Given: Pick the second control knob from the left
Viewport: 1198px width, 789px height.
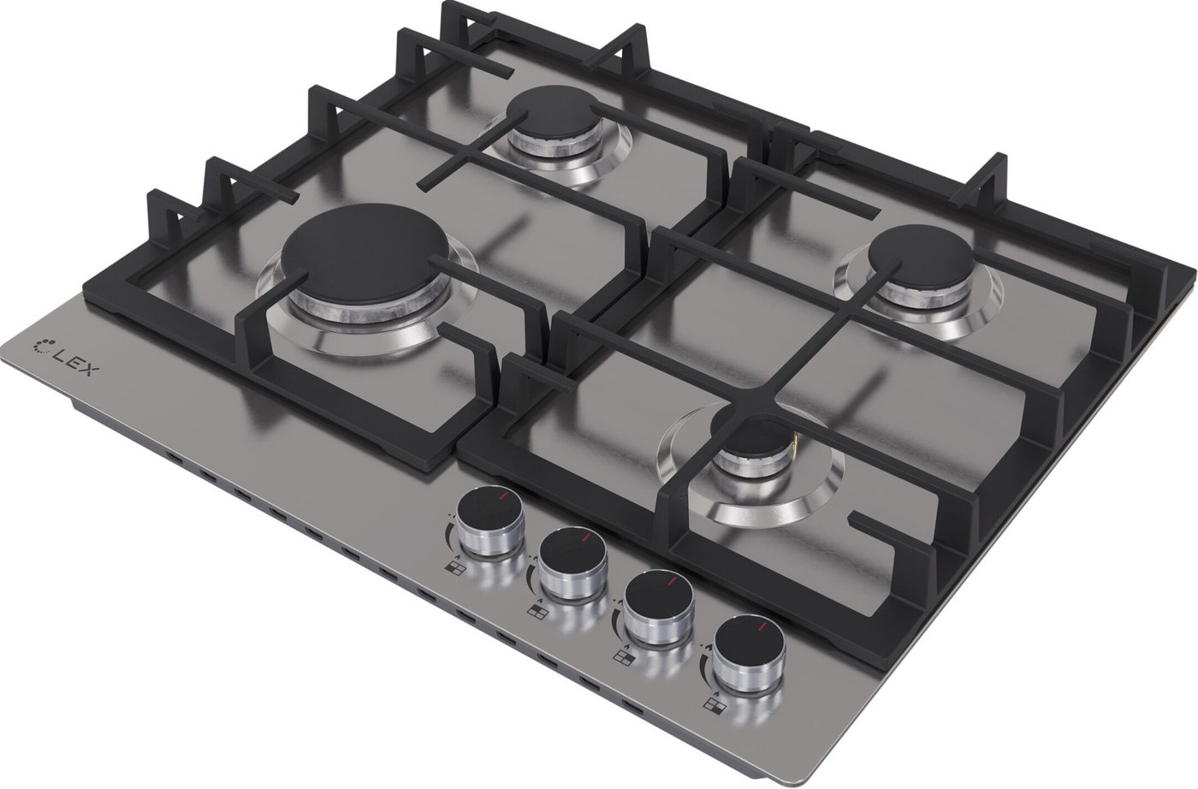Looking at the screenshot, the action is click(572, 564).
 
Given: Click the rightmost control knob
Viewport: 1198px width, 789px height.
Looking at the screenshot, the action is click(749, 655).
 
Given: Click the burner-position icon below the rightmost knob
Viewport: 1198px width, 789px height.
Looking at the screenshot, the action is click(714, 704).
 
